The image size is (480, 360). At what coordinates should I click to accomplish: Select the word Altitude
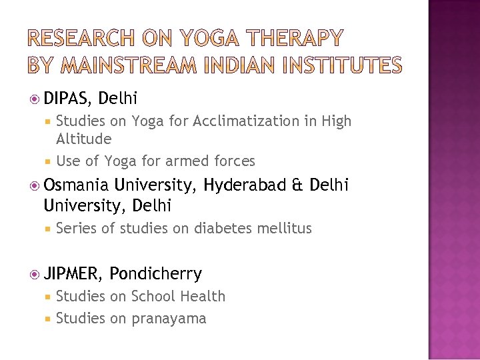(x=84, y=139)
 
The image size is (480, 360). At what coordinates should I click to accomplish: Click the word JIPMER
(x=72, y=274)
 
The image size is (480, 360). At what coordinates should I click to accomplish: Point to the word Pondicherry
(x=155, y=274)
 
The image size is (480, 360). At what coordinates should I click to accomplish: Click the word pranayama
(x=169, y=319)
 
